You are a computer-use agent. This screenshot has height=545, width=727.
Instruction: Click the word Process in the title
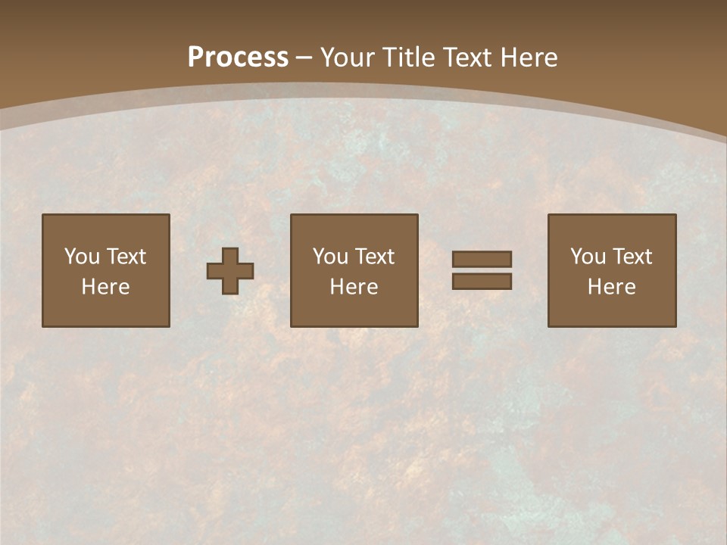coord(238,58)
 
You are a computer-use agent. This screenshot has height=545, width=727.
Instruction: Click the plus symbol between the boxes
coord(230,271)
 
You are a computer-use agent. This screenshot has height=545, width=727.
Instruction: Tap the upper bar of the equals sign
coord(482,259)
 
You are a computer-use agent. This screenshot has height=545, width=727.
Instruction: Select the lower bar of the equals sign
coord(482,282)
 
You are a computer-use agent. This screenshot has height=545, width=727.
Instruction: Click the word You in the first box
coord(83,257)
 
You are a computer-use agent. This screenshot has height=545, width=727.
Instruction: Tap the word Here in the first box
coord(105,287)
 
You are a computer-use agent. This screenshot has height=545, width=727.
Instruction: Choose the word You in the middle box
coord(331,257)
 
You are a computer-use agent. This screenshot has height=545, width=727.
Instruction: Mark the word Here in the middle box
coord(354,287)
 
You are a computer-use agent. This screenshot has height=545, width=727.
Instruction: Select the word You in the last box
coord(588,257)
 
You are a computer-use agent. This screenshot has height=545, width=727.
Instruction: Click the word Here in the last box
coord(611,287)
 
